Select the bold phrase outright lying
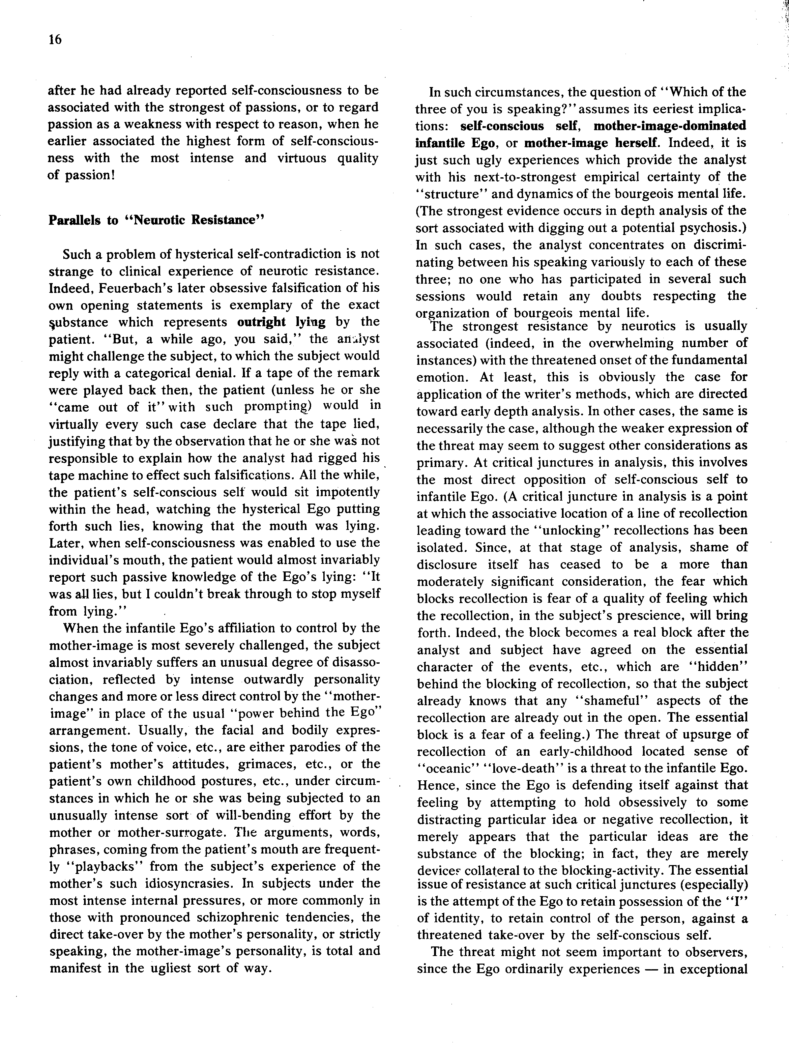tap(281, 322)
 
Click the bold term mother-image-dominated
tap(670, 126)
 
